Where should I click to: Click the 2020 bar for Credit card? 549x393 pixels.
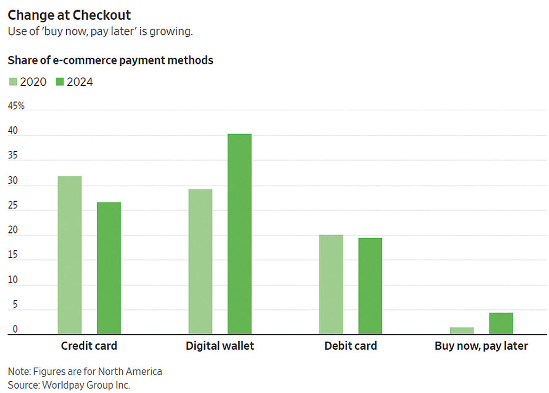coord(70,255)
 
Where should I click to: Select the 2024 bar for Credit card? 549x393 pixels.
coord(109,268)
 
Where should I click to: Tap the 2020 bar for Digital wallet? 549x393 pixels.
coord(200,261)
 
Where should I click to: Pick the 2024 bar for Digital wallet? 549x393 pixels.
coord(239,234)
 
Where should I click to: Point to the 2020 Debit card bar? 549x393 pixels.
coord(331,284)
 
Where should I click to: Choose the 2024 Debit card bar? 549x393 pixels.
coord(370,286)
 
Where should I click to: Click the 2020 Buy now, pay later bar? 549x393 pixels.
coord(462,331)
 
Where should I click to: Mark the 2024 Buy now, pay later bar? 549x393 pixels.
coord(501,323)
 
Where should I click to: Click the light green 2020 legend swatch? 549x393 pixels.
coord(13,81)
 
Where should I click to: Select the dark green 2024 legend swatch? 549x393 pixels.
coord(60,81)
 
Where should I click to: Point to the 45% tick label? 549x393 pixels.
coord(16,106)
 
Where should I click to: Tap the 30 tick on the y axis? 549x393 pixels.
coord(13,180)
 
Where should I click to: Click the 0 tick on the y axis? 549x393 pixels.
coord(15,329)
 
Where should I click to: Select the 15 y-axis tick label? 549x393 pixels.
coord(13,254)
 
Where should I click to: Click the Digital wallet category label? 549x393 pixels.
coord(220,346)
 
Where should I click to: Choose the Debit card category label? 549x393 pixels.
coord(350,346)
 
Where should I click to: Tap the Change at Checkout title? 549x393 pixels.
coord(69,15)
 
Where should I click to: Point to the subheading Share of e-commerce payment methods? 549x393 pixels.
coord(110,60)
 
